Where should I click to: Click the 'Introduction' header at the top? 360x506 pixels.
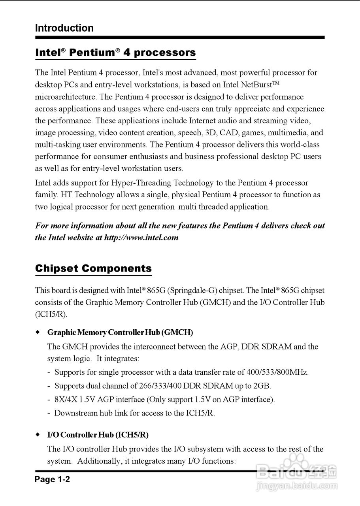point(64,28)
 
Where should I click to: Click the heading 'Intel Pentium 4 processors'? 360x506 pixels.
point(115,53)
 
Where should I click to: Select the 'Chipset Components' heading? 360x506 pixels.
point(93,268)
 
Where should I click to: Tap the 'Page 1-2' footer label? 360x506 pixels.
point(52,480)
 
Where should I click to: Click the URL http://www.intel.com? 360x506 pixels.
point(141,238)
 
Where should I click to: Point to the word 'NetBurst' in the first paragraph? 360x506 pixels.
point(257,85)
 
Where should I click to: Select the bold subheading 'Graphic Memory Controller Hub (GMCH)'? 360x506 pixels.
point(120,332)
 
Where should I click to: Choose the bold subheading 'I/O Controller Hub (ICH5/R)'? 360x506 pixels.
point(98,435)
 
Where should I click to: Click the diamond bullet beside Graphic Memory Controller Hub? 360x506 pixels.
point(38,332)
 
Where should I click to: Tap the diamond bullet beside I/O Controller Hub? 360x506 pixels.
point(38,435)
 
